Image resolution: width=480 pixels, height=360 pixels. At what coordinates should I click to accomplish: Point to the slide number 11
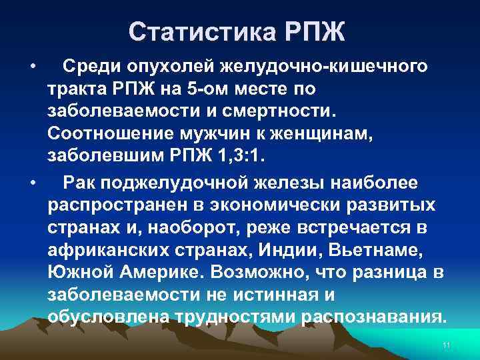click(447, 344)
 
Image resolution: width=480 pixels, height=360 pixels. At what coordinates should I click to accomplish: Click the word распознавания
click(373, 319)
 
